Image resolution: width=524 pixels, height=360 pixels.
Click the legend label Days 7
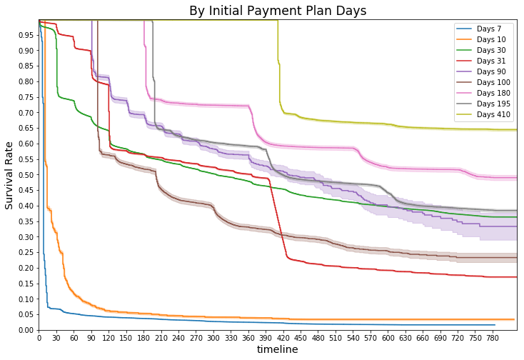489,29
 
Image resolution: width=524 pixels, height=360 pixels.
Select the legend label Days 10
491,40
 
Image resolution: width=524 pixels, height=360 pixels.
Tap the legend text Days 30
491,51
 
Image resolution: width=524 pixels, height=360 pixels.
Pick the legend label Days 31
491,61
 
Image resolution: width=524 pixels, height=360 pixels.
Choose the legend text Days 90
491,72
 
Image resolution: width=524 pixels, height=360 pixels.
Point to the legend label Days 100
493,83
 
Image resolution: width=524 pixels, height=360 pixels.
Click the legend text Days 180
493,94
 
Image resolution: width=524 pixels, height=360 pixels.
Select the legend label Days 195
493,104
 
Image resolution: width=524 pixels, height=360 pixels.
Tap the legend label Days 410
493,115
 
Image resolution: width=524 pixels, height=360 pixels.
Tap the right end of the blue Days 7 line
495,325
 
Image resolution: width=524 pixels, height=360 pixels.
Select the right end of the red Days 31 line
515,277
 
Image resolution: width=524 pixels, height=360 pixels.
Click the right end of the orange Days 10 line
514,319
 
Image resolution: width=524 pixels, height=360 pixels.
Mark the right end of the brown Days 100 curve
515,258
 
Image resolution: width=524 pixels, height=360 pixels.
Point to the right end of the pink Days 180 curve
515,178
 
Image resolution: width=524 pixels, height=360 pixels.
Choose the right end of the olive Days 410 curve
515,130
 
